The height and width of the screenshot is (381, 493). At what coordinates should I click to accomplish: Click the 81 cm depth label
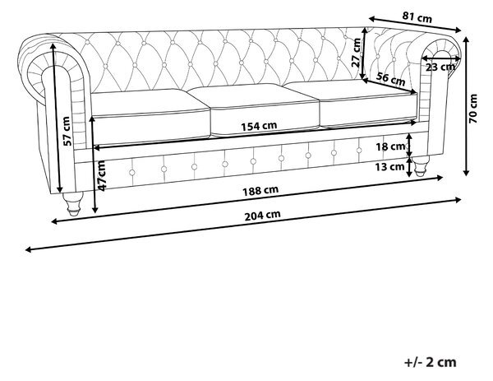pos(417,16)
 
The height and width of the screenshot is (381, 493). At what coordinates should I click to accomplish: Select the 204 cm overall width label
pos(262,216)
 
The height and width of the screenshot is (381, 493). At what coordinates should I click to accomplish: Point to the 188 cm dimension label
pos(260,191)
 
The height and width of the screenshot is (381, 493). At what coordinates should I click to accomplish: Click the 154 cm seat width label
pos(259,126)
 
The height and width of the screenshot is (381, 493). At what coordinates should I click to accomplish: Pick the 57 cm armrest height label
pos(67,131)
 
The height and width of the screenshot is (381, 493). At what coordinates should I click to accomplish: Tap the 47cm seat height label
pos(103,175)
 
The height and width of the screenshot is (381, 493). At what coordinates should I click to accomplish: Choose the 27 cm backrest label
pos(357,53)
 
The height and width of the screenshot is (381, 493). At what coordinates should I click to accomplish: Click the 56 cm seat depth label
pos(391,79)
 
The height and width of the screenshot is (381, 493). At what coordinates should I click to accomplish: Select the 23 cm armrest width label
pos(440,67)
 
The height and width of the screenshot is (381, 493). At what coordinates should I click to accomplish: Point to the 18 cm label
pos(390,146)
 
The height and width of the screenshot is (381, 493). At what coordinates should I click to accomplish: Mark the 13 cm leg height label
pos(389,166)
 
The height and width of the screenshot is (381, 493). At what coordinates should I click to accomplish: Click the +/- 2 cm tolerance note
pos(430,362)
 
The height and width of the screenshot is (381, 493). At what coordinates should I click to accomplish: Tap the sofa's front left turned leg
pos(73,203)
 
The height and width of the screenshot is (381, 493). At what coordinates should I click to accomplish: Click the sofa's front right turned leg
pos(420,165)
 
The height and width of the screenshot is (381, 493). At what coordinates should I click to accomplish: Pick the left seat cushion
pos(150,117)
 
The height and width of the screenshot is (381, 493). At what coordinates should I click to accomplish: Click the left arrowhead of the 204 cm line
pos(28,249)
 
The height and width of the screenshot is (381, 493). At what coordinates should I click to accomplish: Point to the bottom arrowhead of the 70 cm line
pos(466,173)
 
